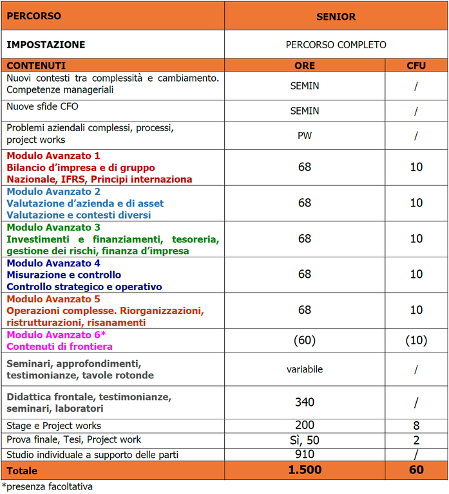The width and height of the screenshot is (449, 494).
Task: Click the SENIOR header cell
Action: pos(336,17)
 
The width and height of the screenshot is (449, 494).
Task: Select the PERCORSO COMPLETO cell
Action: pos(336,45)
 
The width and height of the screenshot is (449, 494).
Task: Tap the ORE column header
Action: pos(305,66)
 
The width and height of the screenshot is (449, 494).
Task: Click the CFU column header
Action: pos(416,66)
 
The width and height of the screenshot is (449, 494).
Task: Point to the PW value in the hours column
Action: pos(305,135)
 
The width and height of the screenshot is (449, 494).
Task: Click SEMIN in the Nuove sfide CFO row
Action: pos(305,111)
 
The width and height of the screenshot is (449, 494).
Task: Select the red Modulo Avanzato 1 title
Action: pos(53,156)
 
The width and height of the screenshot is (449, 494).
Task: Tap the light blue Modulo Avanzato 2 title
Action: pos(53,192)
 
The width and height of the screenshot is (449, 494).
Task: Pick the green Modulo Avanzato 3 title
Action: pos(53,228)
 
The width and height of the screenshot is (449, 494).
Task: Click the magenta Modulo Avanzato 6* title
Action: pos(56,335)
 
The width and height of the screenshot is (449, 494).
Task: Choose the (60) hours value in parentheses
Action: pos(305,340)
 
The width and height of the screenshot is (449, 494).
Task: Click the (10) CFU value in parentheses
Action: pos(416,340)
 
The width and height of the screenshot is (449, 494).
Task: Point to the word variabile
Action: pos(305,369)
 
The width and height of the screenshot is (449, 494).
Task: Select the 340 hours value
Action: pos(305,403)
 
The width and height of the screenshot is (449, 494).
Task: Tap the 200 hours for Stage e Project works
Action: pos(305,425)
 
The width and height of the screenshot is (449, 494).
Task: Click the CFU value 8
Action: pos(416,425)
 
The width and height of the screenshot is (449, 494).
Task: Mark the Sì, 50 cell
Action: pos(305,440)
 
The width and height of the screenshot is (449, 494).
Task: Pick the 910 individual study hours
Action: pos(305,454)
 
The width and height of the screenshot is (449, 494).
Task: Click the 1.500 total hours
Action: pos(305,470)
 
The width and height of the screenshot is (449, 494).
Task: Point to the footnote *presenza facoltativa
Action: pos(47,487)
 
